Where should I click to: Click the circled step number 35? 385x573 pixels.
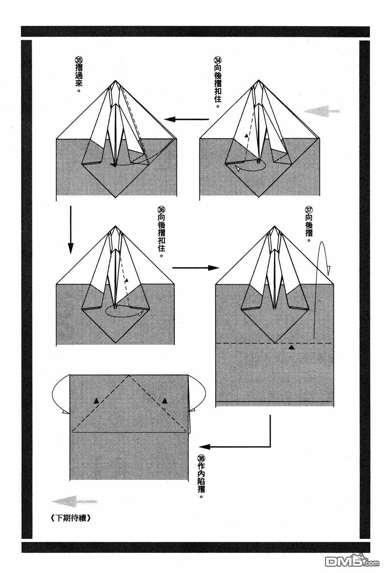pyautogui.click(x=79, y=61)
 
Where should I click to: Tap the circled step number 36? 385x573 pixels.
pyautogui.click(x=161, y=210)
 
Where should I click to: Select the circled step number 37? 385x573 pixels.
pyautogui.click(x=308, y=210)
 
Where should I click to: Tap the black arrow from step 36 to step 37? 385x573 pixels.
pyautogui.click(x=195, y=267)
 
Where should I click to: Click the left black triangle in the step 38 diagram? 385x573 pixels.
pyautogui.click(x=96, y=401)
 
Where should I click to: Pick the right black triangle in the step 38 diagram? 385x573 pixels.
pyautogui.click(x=165, y=401)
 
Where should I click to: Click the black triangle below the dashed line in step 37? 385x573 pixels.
pyautogui.click(x=292, y=347)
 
